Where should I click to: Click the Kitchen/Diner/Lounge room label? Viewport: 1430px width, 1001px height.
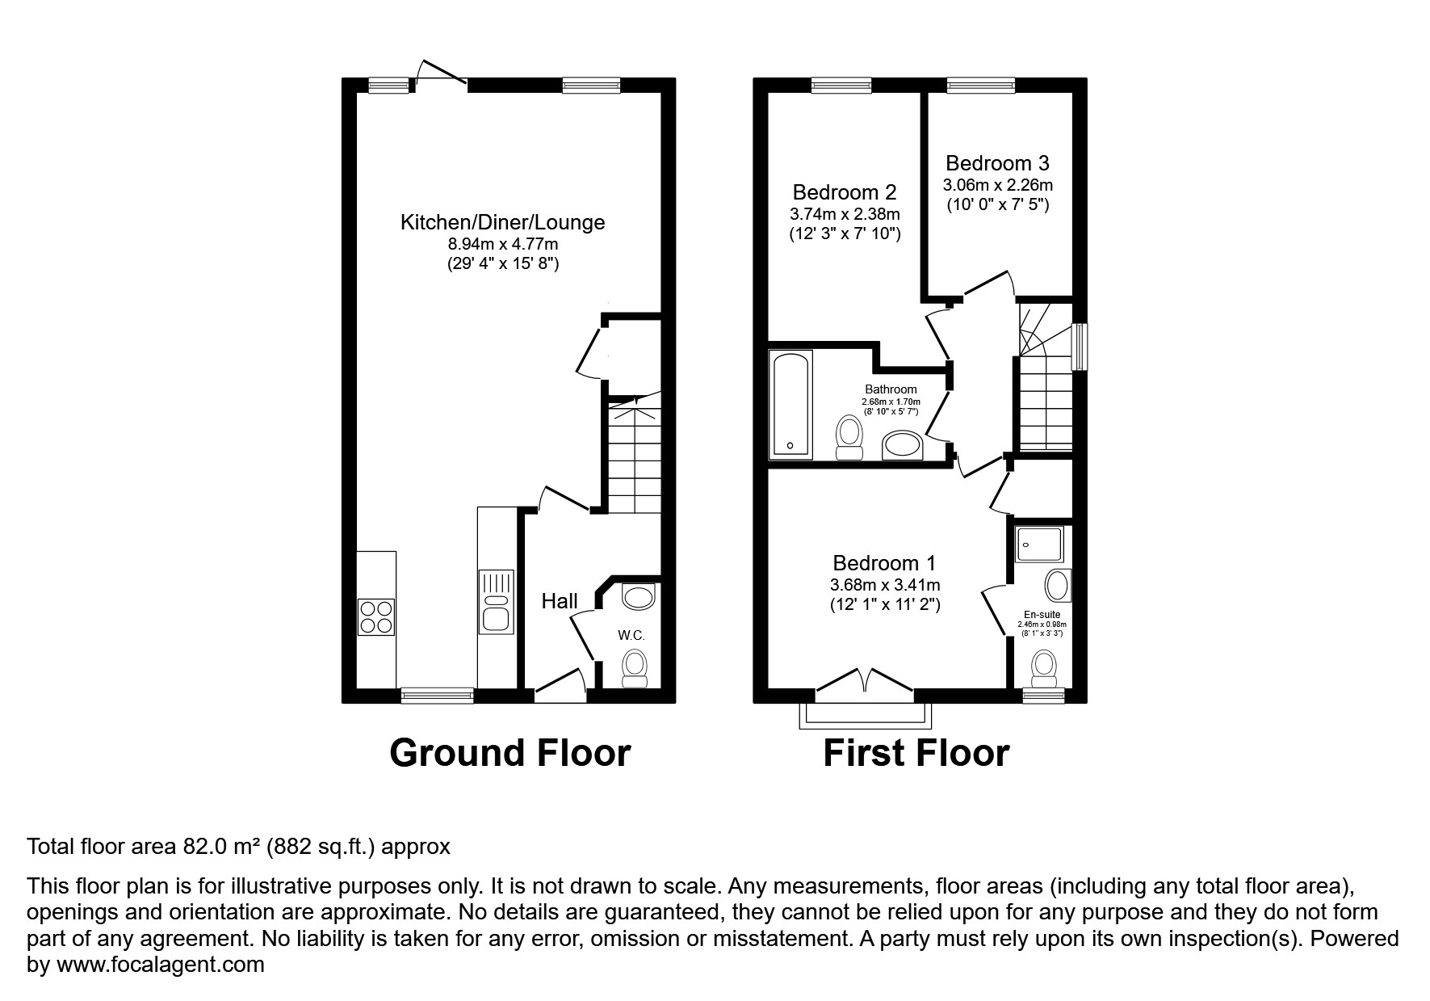[502, 222]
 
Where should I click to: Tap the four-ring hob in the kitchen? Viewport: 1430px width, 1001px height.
[375, 616]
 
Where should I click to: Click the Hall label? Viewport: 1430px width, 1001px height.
[560, 601]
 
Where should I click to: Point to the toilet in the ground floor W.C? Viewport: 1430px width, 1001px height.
[635, 670]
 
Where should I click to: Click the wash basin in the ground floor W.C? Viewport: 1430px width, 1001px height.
[639, 598]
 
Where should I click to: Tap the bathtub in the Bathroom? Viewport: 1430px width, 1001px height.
[789, 404]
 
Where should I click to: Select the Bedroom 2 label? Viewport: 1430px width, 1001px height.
[844, 192]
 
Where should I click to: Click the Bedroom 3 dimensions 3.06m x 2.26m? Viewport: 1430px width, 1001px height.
[997, 185]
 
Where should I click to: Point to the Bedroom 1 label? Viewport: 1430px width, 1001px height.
[885, 563]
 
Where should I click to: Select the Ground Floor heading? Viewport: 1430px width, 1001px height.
[510, 753]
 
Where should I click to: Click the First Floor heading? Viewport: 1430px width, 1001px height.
[916, 753]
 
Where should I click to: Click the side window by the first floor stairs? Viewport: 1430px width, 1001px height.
[1079, 347]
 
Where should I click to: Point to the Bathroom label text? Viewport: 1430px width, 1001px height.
[891, 389]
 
